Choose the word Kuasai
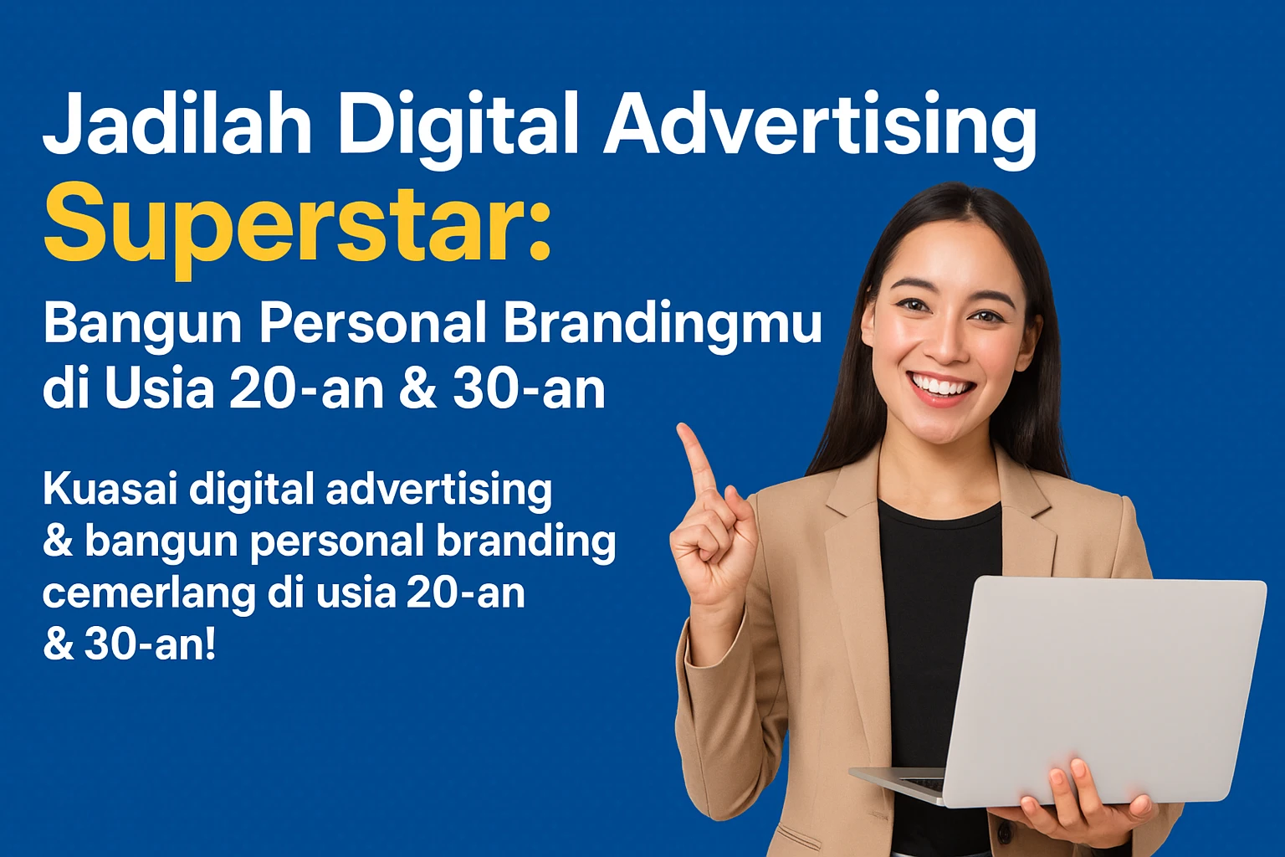tap(110, 489)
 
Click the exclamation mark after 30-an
tap(209, 644)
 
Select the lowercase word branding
tap(526, 541)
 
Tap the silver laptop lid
tap(1104, 686)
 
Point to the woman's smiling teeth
tap(942, 387)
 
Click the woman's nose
tap(944, 343)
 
